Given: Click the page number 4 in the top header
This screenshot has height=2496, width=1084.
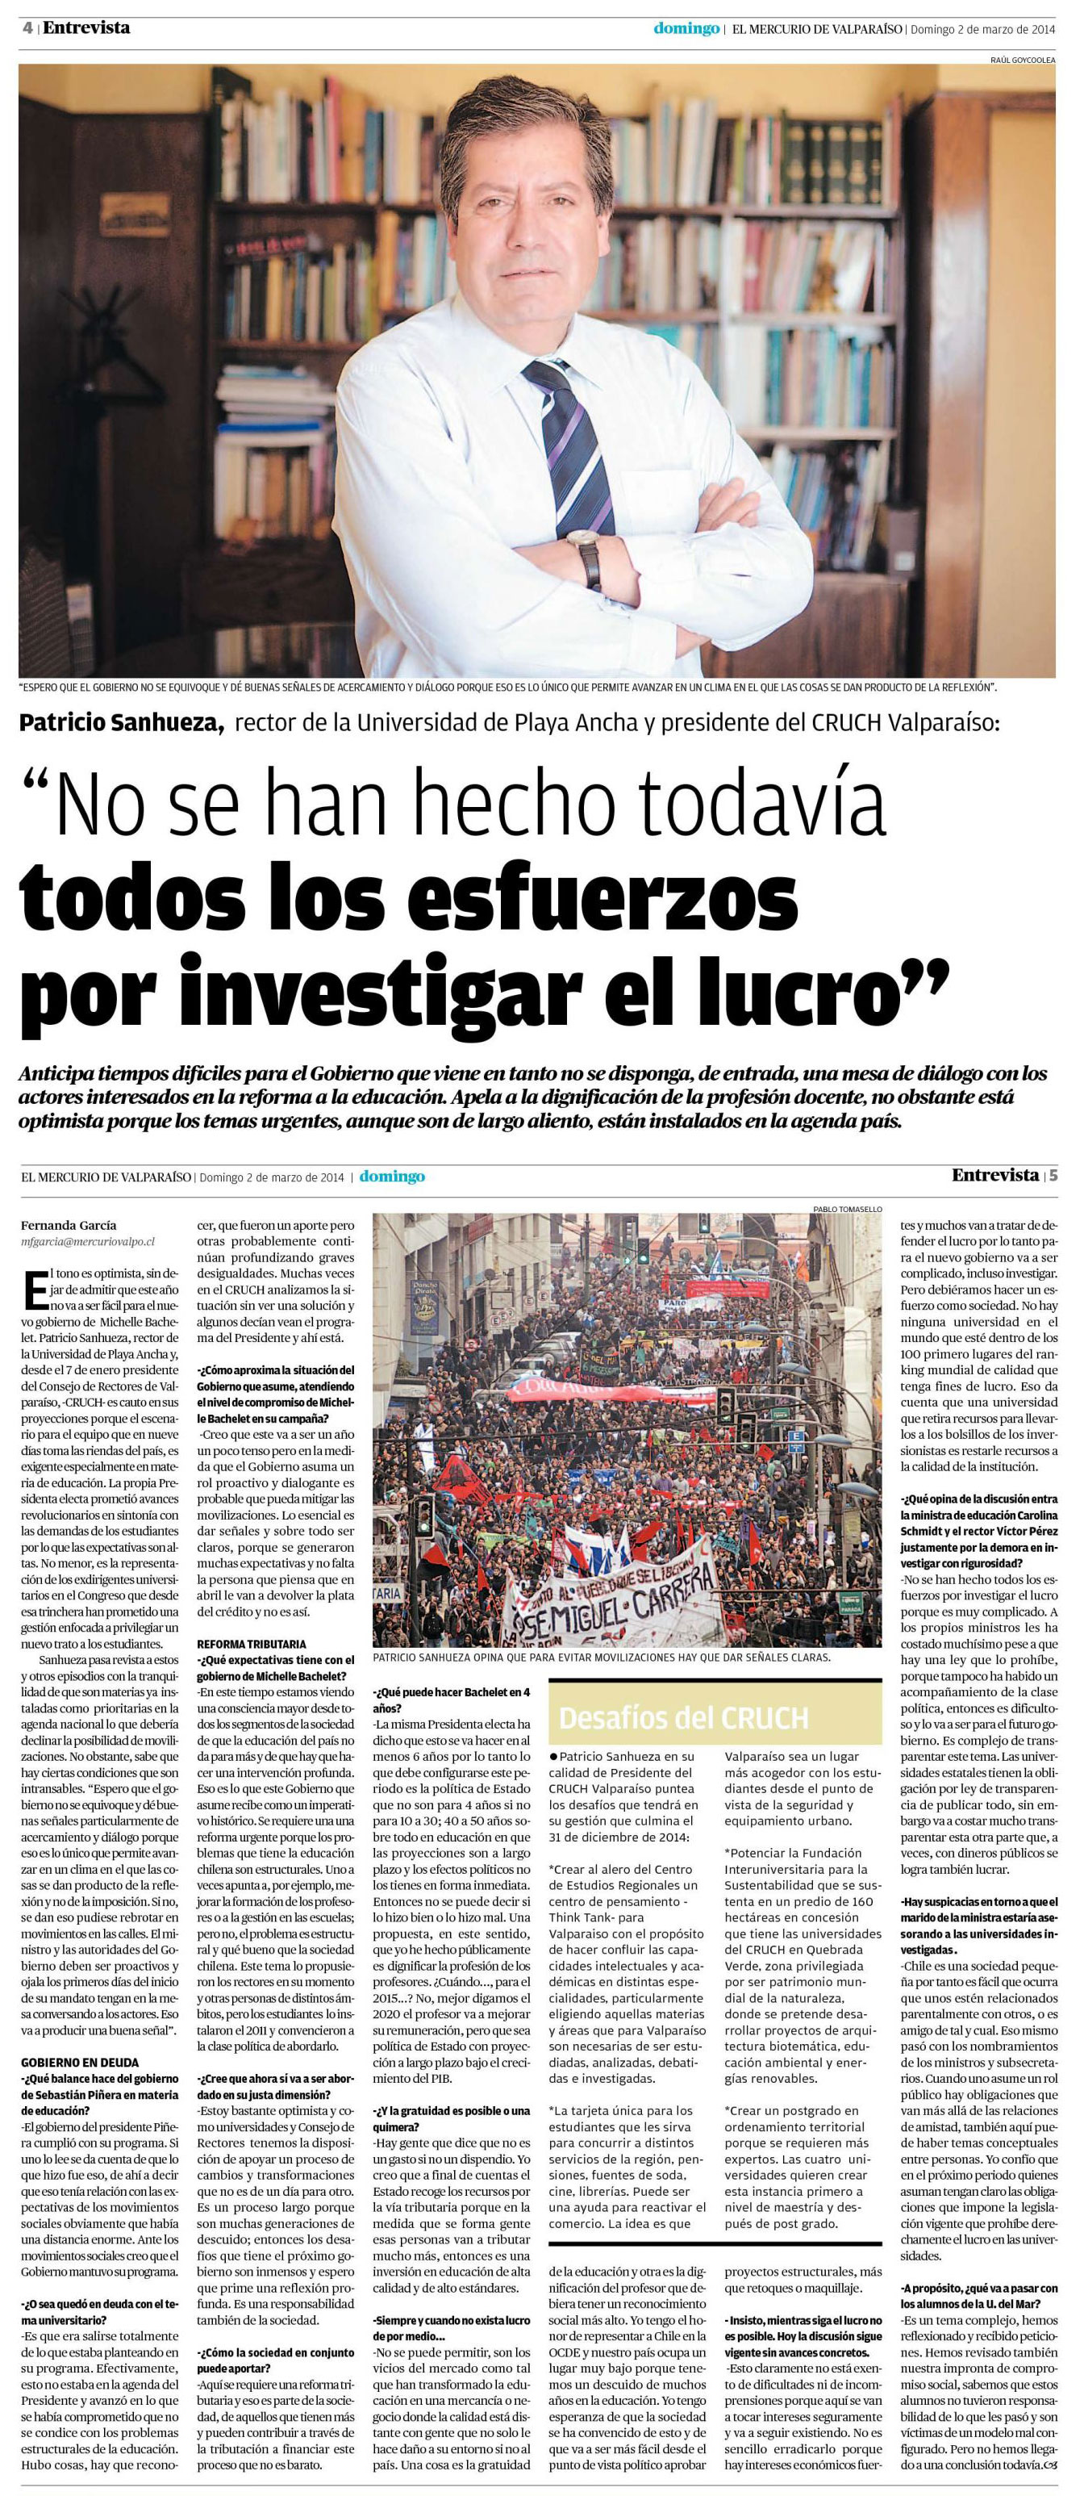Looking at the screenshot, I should coord(28,28).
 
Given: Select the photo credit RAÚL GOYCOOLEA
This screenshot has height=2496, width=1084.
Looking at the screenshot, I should coord(1022,60).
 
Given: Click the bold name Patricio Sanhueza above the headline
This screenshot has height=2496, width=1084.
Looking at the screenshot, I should coord(122,723).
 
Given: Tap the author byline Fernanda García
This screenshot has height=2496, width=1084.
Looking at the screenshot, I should coord(68,1225).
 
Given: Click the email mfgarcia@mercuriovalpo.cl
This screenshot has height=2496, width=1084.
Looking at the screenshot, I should coord(87,1240).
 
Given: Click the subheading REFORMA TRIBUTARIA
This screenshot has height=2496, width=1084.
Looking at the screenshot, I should coord(251,1645).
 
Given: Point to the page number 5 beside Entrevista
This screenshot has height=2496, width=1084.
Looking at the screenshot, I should coord(1053,1175).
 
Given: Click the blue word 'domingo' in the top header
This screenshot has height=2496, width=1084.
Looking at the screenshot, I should coord(686,28).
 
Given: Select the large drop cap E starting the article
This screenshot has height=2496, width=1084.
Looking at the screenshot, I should coord(35,1292).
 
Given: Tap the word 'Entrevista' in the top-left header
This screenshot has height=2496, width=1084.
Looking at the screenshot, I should coord(86,28).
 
